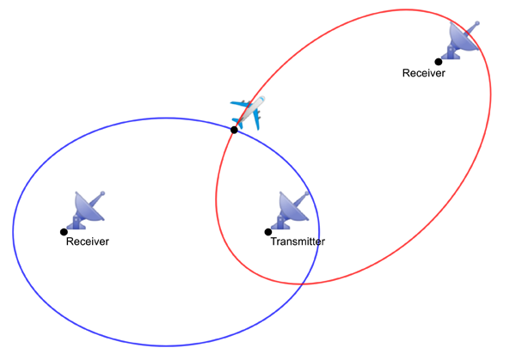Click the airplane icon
tap(247, 112)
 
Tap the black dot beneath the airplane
tap(234, 130)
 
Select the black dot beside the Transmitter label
tap(268, 232)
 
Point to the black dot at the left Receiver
tap(64, 232)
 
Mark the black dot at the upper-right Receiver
tap(438, 62)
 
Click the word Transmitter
tap(298, 242)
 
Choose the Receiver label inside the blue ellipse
tap(88, 242)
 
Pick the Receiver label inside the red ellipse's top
tap(424, 73)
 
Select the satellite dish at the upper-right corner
tap(463, 40)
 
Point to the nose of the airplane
tap(261, 99)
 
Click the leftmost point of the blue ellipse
tap(13, 232)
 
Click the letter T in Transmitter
tap(273, 242)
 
